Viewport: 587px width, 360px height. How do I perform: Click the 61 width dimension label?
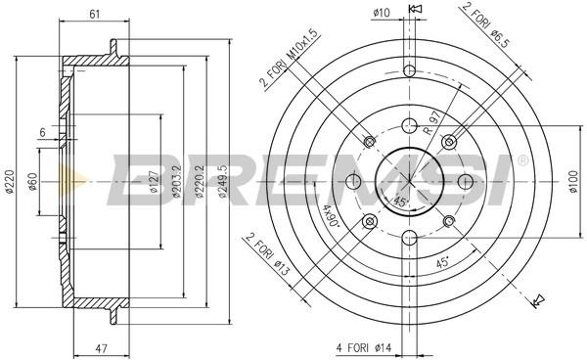[x=95, y=14]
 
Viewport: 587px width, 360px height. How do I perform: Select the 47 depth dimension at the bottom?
[x=102, y=349]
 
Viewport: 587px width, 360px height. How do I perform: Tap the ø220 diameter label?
[x=10, y=182]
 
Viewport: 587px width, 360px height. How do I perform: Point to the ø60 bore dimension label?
[x=33, y=182]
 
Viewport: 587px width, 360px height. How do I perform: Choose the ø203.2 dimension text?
[x=176, y=181]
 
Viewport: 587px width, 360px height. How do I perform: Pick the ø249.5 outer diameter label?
[x=223, y=181]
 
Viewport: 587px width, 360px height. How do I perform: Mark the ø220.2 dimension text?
[x=200, y=181]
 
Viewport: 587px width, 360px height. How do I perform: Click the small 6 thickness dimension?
[x=42, y=132]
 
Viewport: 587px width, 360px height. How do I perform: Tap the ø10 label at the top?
[x=382, y=13]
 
